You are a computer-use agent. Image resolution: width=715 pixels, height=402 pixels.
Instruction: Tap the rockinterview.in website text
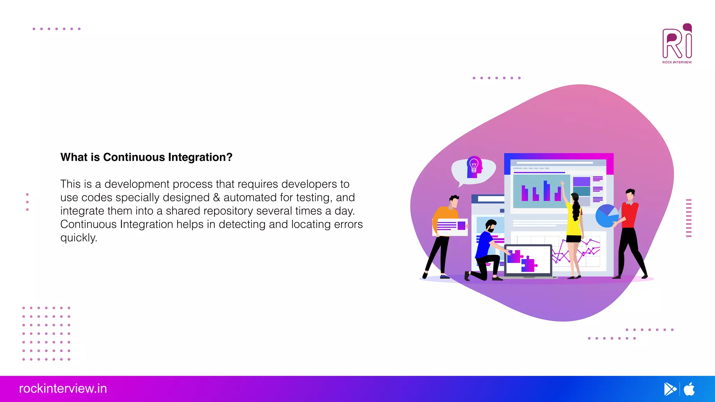point(63,389)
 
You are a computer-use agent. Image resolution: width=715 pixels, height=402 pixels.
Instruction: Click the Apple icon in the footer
point(689,389)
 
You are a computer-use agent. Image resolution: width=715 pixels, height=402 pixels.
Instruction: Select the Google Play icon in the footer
point(670,389)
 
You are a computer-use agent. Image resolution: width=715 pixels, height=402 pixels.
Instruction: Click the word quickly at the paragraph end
point(79,238)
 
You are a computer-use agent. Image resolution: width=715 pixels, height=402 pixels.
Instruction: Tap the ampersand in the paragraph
point(216,198)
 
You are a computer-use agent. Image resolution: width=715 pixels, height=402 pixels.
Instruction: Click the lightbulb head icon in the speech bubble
point(474,167)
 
